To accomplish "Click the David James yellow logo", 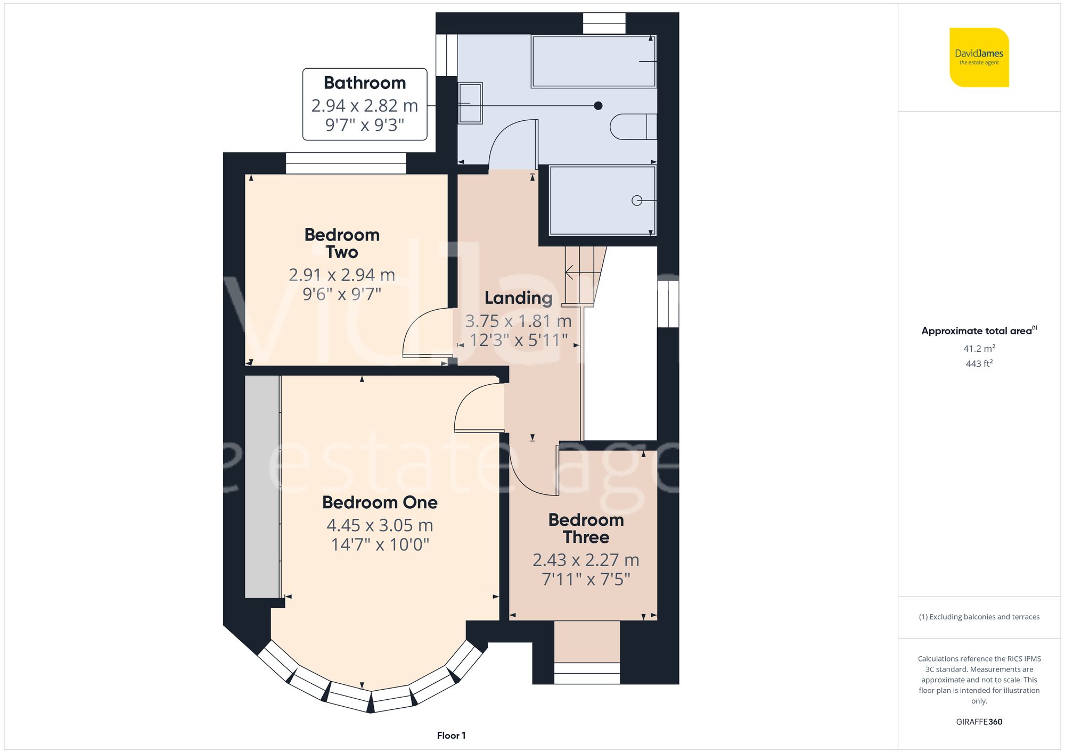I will [x=979, y=57].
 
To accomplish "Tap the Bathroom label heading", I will [x=365, y=83].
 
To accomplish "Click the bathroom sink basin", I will [x=470, y=103].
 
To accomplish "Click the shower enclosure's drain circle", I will [x=636, y=201].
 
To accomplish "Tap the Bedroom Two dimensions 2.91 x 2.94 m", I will [x=342, y=275].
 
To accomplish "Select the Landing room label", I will [x=518, y=298].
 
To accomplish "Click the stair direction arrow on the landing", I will [x=570, y=272].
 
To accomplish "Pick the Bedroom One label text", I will [x=380, y=502].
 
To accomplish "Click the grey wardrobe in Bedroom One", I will [x=262, y=486].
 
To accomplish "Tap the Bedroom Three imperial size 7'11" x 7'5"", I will [x=586, y=579].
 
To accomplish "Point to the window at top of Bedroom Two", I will [x=346, y=163].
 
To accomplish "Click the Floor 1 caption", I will [x=451, y=735].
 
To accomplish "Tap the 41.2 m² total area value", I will [x=979, y=349].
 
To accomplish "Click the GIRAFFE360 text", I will [x=979, y=722].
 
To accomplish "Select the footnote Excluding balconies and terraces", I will [x=979, y=617].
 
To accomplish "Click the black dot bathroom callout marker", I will [x=598, y=106].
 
